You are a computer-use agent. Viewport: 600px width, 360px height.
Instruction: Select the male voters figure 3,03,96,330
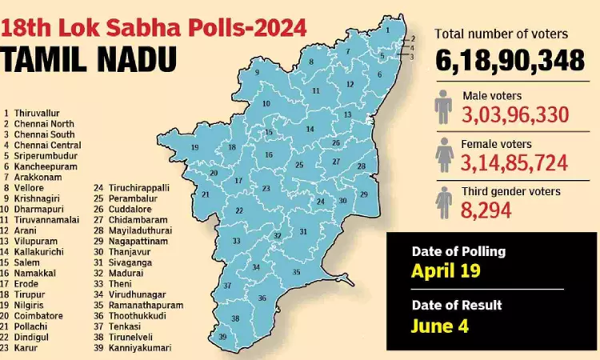514,114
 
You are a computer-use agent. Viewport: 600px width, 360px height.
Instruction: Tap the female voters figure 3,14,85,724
514,163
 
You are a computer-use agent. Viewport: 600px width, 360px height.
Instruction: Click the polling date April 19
446,270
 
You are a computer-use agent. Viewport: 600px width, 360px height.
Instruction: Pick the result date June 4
439,326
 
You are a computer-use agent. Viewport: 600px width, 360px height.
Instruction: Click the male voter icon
444,106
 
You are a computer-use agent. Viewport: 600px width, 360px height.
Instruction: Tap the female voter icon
444,154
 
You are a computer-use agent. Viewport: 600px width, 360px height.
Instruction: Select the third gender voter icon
444,202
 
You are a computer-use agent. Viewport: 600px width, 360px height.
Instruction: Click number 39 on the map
222,337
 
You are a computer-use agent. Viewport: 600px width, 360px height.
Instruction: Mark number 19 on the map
194,148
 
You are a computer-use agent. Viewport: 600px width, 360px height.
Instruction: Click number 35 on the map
296,272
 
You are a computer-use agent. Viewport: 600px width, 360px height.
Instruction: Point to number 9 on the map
257,73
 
